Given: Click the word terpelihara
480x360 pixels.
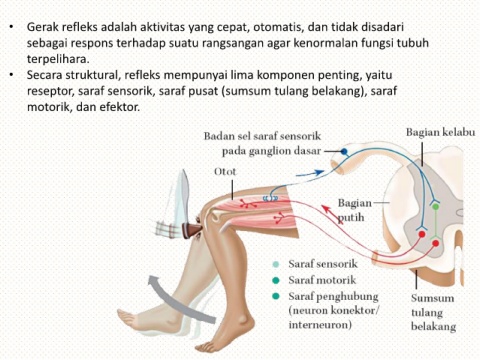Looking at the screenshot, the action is pyautogui.click(x=58, y=59).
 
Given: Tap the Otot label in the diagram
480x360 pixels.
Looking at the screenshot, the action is pyautogui.click(x=225, y=172).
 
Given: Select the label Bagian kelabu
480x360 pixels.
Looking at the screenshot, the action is pyautogui.click(x=440, y=132).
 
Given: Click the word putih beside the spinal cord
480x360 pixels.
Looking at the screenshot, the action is pyautogui.click(x=351, y=218).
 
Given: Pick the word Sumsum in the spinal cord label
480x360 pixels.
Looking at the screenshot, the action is pyautogui.click(x=432, y=298).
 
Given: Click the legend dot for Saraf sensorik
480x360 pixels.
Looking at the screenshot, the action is pyautogui.click(x=276, y=264).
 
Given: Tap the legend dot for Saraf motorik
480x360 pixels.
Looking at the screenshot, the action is pyautogui.click(x=276, y=280).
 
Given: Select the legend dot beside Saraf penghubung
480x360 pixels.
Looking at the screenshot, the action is pyautogui.click(x=276, y=296).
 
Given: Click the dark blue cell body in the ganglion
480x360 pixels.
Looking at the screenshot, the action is pyautogui.click(x=344, y=152).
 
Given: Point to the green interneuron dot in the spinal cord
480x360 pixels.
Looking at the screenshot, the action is pyautogui.click(x=435, y=207).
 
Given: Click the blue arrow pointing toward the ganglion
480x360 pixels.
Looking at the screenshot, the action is pyautogui.click(x=310, y=173).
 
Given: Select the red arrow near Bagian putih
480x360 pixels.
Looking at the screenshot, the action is pyautogui.click(x=332, y=215).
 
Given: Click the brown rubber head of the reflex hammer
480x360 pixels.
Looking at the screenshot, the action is pyautogui.click(x=192, y=230).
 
